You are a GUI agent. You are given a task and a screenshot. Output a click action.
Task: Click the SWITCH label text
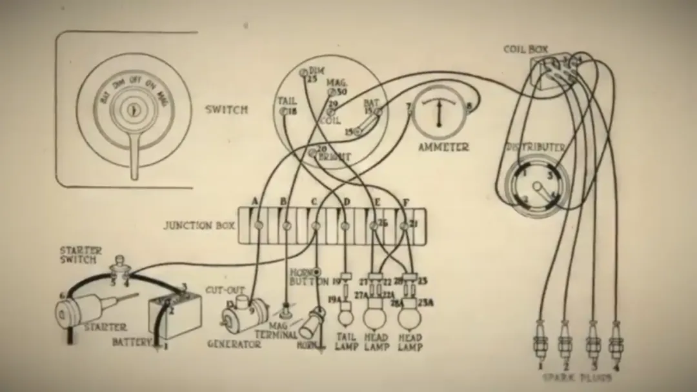(226, 110)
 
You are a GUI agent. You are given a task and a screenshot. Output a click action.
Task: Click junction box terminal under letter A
(258, 225)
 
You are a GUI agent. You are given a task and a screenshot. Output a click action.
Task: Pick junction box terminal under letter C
(316, 226)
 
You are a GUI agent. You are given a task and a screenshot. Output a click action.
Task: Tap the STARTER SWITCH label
(78, 255)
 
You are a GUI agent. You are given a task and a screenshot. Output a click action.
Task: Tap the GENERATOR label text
(234, 344)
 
